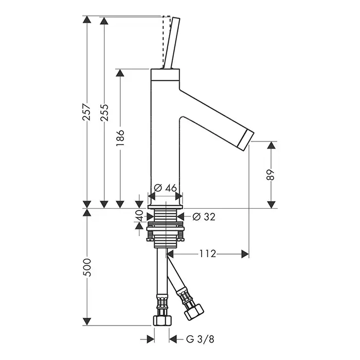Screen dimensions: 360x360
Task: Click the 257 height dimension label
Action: [87, 112]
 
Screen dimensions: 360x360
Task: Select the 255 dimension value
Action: [104, 113]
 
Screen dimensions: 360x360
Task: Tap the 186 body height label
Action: [120, 138]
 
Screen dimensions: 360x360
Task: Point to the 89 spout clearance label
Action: [271, 175]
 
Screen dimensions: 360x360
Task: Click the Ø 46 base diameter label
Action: [165, 188]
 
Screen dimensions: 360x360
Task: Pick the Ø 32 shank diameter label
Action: [204, 217]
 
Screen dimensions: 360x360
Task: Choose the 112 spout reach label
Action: [208, 254]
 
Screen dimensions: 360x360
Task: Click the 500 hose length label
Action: [87, 267]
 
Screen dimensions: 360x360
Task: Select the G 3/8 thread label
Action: [200, 339]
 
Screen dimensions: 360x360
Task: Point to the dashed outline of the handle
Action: [166, 42]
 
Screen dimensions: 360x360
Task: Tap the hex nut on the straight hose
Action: [162, 320]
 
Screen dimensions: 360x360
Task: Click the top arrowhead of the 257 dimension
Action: [87, 20]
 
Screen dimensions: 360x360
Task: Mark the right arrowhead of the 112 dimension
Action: [245, 254]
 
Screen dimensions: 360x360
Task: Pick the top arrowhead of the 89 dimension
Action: [271, 145]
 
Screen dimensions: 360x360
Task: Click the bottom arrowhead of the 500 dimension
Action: [87, 321]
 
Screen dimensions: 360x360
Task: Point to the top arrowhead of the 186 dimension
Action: [120, 73]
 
